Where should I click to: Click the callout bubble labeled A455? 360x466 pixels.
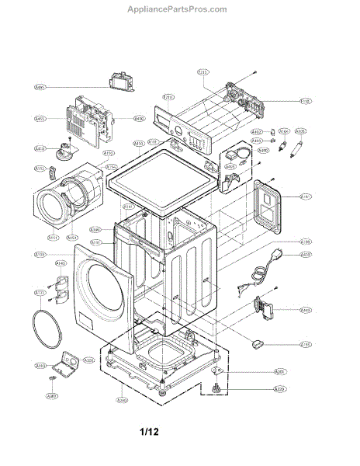point(40,119)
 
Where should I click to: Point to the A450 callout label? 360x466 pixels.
point(139,118)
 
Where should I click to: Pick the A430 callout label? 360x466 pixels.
point(306,255)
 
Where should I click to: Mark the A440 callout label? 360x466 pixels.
point(306,310)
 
